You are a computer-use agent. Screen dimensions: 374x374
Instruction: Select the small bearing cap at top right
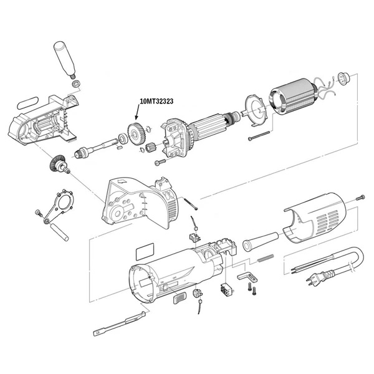click(342, 79)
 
